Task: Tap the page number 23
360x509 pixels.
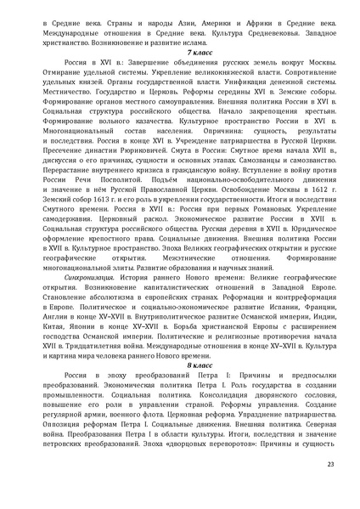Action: (330, 485)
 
